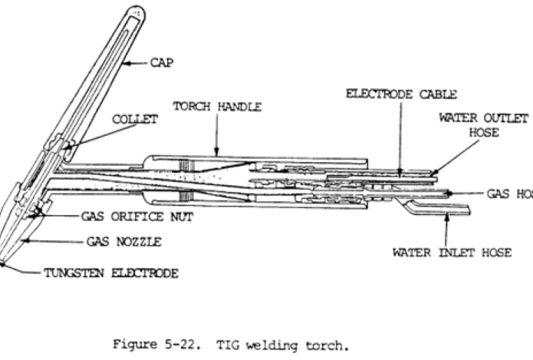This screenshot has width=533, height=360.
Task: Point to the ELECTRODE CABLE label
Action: tap(402, 94)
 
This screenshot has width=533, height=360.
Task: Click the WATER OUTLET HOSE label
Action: tap(483, 124)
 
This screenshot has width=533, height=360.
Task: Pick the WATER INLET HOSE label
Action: tap(452, 253)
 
